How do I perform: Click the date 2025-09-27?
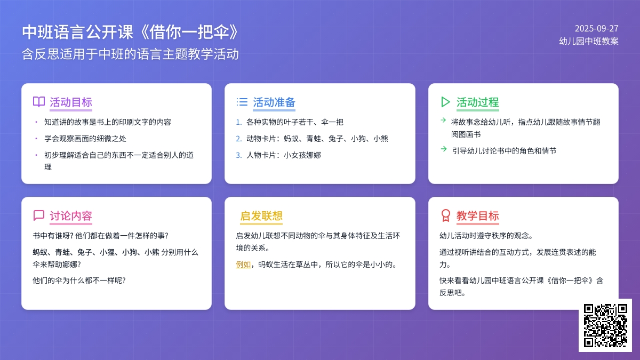[x=596, y=29]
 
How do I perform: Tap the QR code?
[x=605, y=325]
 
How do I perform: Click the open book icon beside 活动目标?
[x=39, y=102]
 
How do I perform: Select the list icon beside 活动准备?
[x=242, y=102]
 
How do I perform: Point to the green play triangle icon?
[x=445, y=102]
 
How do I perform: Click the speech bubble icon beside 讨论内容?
[x=39, y=215]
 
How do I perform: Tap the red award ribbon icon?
[x=445, y=215]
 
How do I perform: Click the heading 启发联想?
[x=261, y=215]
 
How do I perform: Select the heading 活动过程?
[x=478, y=102]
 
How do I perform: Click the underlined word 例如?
[x=243, y=265]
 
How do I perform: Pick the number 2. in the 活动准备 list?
[x=239, y=139]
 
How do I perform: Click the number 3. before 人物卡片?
[x=239, y=155]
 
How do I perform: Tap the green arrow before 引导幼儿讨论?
[x=444, y=149]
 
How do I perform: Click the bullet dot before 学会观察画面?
[x=36, y=139]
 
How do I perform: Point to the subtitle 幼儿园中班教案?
[x=589, y=41]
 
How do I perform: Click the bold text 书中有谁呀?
[x=53, y=236]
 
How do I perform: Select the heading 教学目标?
[x=478, y=215]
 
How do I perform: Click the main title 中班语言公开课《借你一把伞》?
[x=130, y=31]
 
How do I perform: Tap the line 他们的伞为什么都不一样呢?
[x=79, y=281]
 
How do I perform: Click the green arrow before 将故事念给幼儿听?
[x=443, y=120]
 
